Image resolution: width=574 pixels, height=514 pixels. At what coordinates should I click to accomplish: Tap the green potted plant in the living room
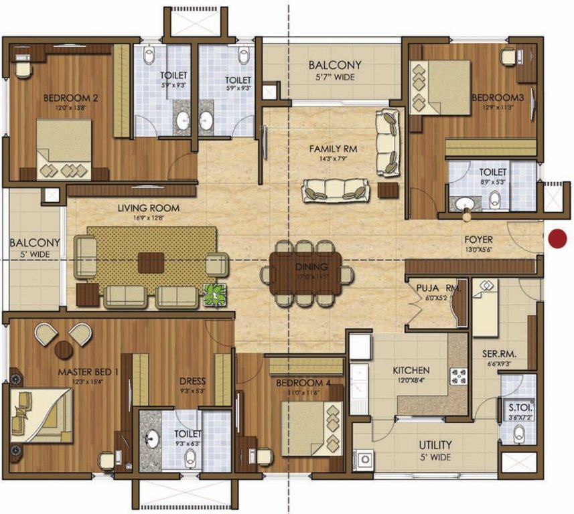(x=214, y=294)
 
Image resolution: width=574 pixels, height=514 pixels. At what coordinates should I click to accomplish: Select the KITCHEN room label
(x=411, y=371)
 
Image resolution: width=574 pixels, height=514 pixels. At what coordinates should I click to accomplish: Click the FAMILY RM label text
(x=328, y=148)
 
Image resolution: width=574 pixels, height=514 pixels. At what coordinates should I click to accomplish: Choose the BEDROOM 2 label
(x=71, y=98)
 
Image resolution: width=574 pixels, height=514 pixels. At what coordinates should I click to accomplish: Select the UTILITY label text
(x=435, y=444)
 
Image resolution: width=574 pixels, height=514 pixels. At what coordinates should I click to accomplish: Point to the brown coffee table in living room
(x=150, y=262)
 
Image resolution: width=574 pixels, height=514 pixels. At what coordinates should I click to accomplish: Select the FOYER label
(x=479, y=239)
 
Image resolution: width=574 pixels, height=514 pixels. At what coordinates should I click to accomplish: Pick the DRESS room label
(x=192, y=372)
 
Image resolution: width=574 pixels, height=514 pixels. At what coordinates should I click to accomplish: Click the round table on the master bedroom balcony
(x=64, y=349)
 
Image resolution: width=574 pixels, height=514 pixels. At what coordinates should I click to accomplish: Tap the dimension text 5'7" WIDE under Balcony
(x=334, y=78)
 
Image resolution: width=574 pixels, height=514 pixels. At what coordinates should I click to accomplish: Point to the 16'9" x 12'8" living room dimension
(x=141, y=218)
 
